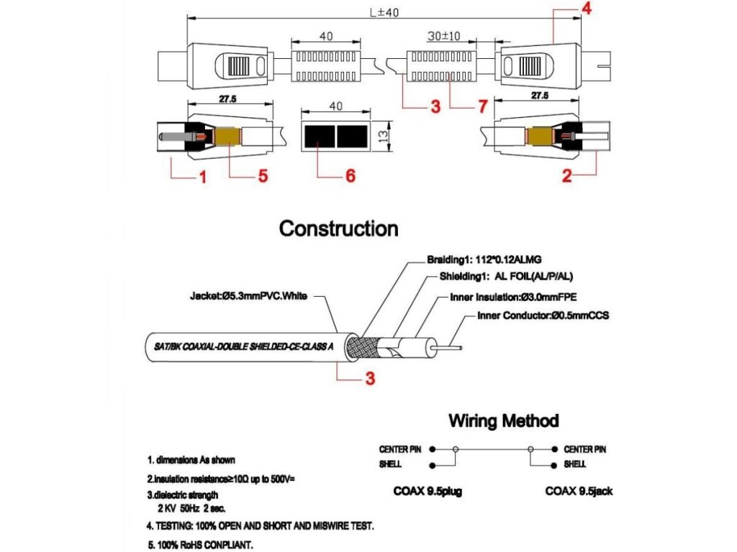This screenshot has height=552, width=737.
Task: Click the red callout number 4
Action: point(587,10)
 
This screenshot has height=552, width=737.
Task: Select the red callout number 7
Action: point(482,107)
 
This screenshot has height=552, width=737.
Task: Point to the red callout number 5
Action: point(263,176)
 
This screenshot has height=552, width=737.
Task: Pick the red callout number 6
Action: point(351,176)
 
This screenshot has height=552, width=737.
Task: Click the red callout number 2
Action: point(567,176)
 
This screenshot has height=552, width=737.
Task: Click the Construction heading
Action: point(338,229)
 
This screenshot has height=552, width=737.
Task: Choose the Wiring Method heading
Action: point(503,420)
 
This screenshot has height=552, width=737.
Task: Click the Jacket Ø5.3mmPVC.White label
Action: point(249,295)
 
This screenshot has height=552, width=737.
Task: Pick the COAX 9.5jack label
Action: point(579,492)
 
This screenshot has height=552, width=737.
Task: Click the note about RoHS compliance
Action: point(200,544)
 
